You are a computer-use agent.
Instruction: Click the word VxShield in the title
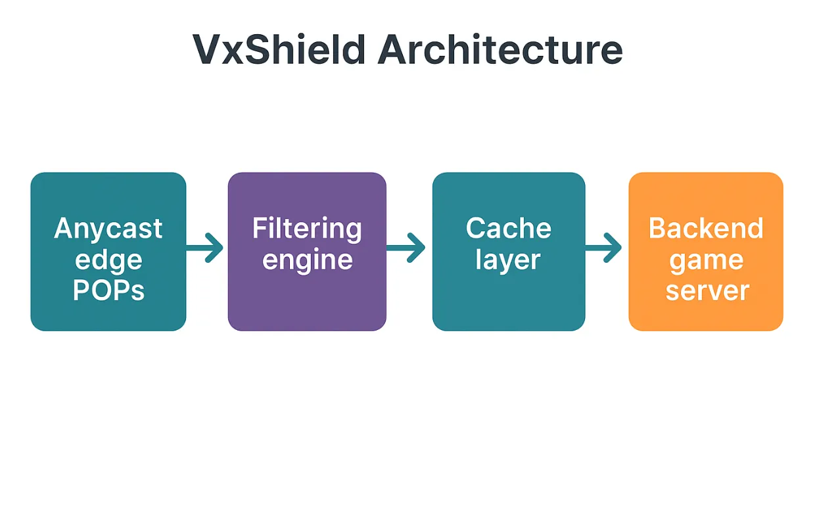pyautogui.click(x=279, y=50)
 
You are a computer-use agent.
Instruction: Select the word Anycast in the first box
pyautogui.click(x=108, y=229)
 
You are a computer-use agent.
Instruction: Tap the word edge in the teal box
pyautogui.click(x=108, y=260)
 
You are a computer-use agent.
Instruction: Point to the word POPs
pyautogui.click(x=108, y=290)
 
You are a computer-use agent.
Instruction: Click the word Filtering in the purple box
pyautogui.click(x=307, y=229)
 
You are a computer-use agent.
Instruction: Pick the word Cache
pyautogui.click(x=508, y=229)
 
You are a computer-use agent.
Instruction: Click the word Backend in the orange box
pyautogui.click(x=706, y=229)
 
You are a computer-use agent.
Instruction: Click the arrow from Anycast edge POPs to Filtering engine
pyautogui.click(x=206, y=248)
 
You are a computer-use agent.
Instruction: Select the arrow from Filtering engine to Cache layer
pyautogui.click(x=406, y=248)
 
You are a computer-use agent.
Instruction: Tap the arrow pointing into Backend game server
pyautogui.click(x=604, y=248)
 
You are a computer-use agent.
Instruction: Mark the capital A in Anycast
pyautogui.click(x=63, y=229)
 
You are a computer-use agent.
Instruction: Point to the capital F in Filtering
pyautogui.click(x=259, y=229)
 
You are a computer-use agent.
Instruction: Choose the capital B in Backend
pyautogui.click(x=657, y=229)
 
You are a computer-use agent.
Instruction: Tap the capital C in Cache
pyautogui.click(x=475, y=229)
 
